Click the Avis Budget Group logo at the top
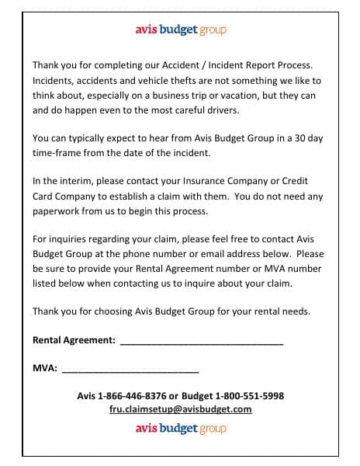(x=180, y=31)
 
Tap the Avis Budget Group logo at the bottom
(x=180, y=428)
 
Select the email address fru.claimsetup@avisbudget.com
(x=180, y=409)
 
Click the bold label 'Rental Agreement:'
(x=74, y=340)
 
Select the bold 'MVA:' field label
(x=44, y=368)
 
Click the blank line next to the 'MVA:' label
(x=130, y=370)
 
